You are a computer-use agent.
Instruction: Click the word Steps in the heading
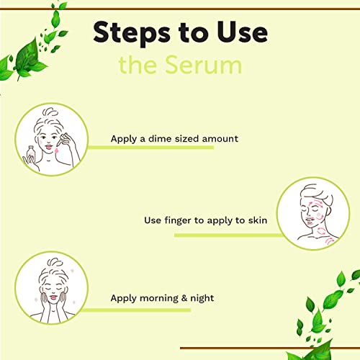point(132,33)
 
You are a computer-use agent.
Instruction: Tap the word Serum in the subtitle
point(204,66)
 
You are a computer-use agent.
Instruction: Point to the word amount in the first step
point(220,139)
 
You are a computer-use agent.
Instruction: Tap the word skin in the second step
point(258,220)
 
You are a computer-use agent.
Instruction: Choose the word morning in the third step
point(159,299)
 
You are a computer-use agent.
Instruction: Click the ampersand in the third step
point(184,298)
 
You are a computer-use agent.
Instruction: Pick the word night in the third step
point(202,298)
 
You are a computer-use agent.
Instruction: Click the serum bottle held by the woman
point(31,153)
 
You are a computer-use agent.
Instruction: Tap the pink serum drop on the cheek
point(56,150)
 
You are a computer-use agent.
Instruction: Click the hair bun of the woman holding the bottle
point(50,112)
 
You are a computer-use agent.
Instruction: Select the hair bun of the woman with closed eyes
point(55,262)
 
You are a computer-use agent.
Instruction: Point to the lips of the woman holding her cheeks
point(53,298)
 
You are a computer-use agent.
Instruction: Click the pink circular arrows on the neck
point(321,232)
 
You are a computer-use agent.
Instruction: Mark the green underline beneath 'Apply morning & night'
point(136,310)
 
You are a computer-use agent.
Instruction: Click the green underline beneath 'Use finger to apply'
point(228,235)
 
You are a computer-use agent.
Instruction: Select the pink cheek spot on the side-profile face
point(319,215)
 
